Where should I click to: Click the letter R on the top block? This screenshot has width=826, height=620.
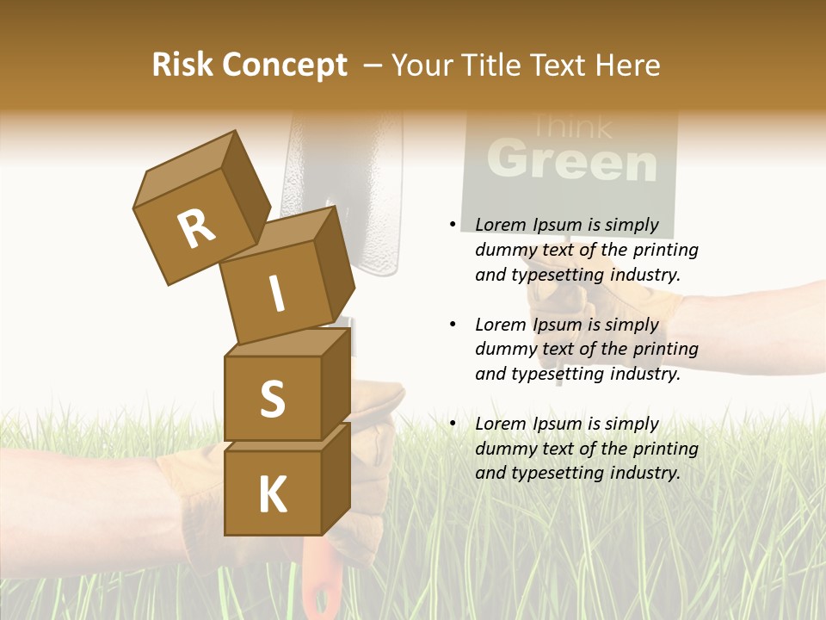196,228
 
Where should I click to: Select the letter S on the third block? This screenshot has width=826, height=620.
272,399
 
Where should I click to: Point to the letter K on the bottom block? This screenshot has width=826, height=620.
272,495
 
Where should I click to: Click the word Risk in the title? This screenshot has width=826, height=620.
182,65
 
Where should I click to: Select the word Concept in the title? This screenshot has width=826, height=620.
286,65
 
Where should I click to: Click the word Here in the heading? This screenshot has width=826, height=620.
626,65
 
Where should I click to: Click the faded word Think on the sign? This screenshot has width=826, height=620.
572,128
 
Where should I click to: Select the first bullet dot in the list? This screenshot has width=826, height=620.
453,225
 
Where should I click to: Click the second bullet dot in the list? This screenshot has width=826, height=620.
453,325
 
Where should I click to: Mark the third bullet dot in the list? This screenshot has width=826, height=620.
453,424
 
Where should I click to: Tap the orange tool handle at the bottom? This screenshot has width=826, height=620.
319,586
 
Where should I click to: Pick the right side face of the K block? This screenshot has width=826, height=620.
336,478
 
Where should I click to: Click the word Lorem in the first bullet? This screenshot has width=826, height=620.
500,225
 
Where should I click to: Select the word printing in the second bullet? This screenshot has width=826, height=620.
666,349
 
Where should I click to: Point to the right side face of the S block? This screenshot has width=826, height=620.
336,383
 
